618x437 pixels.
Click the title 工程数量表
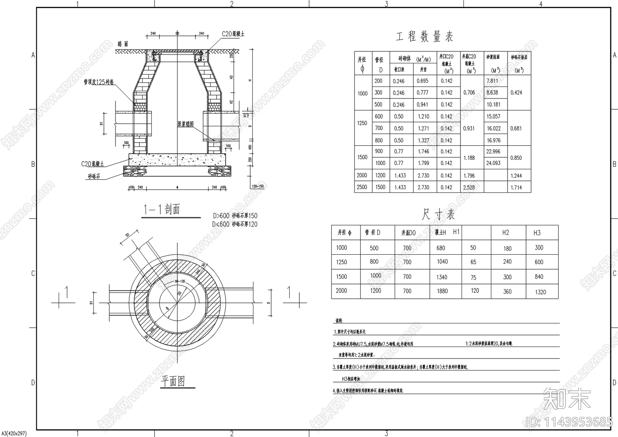click(424, 37)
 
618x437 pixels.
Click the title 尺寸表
click(438, 214)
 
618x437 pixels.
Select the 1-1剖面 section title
click(161, 210)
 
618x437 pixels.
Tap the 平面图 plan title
click(173, 381)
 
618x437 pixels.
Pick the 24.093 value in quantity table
click(493, 163)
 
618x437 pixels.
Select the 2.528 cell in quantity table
click(469, 187)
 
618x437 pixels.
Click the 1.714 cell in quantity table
click(516, 187)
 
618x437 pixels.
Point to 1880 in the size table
click(442, 291)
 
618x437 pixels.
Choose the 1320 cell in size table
click(540, 292)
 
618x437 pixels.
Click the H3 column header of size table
click(537, 233)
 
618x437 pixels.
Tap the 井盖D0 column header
click(408, 233)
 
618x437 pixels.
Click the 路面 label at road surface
click(123, 44)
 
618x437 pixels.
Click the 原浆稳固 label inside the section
click(185, 124)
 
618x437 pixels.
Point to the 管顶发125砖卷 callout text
click(99, 82)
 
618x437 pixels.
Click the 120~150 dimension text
click(258, 187)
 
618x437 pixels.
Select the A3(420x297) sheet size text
click(14, 434)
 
